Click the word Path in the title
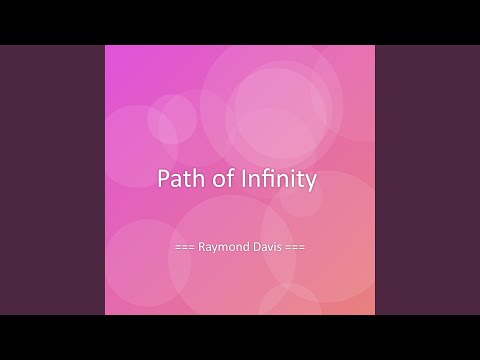point(179,180)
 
